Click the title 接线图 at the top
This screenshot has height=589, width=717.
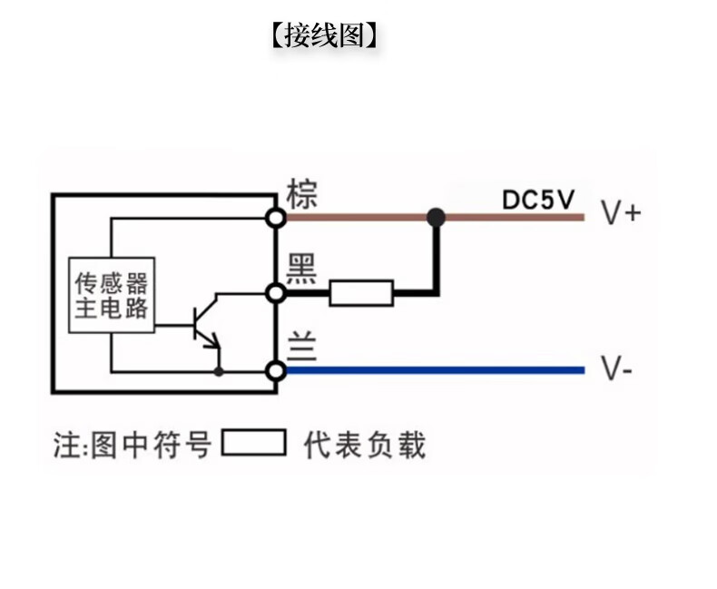coord(324,35)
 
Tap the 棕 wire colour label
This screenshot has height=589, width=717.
coord(302,193)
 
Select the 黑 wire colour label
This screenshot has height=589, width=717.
coord(301,268)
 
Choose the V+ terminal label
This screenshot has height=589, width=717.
coord(621,213)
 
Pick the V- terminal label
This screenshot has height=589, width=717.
coord(617,370)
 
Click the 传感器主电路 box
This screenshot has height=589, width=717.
coord(112,294)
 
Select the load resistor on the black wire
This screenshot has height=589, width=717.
coord(360,293)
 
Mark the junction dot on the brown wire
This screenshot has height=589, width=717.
coord(437,217)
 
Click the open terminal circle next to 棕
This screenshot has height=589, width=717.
coord(276,217)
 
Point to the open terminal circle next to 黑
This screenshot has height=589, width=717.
coord(276,292)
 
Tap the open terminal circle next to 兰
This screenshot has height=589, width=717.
coord(276,370)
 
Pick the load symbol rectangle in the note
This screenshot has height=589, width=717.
coord(254,444)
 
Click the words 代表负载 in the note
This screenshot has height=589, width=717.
coord(364,445)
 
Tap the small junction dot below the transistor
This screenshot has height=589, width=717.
coord(218,370)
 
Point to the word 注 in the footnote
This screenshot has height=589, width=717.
coord(65,446)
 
